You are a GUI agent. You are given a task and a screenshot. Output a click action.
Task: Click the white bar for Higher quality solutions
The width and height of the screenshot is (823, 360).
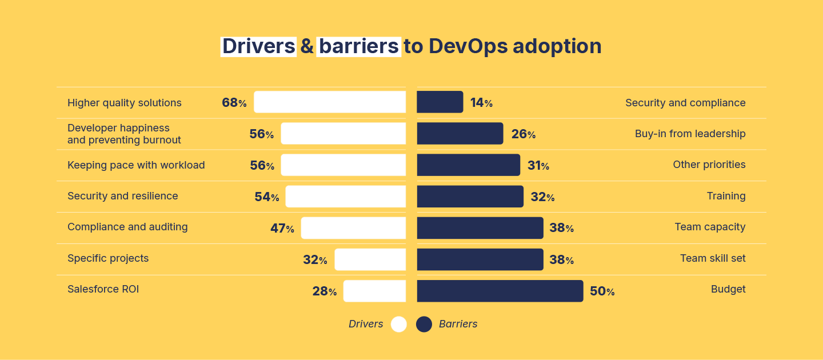330,102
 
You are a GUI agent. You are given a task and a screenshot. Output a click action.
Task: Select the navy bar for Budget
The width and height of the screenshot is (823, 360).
500,291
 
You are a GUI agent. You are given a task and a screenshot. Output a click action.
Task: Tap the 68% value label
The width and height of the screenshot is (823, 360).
234,103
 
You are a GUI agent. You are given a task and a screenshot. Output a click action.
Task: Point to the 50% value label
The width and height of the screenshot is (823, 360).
602,291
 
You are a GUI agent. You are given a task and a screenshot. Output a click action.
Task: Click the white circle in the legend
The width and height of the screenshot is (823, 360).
399,324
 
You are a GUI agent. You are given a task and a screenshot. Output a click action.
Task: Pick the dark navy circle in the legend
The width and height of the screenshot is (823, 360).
424,324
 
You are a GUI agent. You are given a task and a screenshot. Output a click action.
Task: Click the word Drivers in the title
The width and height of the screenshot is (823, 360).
258,46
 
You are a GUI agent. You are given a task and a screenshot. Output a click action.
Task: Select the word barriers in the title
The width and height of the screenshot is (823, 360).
358,46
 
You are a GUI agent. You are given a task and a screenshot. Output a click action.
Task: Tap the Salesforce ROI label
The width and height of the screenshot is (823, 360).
103,289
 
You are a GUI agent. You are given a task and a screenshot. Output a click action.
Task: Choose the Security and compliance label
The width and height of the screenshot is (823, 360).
685,103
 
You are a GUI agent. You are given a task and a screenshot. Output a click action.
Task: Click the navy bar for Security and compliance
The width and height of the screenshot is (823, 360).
440,102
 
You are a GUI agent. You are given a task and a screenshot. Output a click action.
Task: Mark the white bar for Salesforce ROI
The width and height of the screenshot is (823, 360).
374,291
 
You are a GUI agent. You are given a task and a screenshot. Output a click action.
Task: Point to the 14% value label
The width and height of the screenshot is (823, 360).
481,103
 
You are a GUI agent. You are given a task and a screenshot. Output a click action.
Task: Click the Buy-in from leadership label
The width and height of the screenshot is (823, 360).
690,134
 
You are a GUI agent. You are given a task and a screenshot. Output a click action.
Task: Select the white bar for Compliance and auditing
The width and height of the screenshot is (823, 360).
353,228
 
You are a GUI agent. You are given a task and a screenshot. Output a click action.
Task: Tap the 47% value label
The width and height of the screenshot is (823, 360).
282,229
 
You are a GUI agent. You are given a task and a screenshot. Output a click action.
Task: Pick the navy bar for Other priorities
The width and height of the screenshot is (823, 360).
469,165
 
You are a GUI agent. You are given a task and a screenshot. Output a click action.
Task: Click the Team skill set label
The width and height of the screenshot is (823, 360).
713,258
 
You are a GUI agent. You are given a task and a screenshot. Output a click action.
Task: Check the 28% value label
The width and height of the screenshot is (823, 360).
324,291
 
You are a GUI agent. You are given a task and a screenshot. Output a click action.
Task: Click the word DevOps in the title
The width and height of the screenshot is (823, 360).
468,46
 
